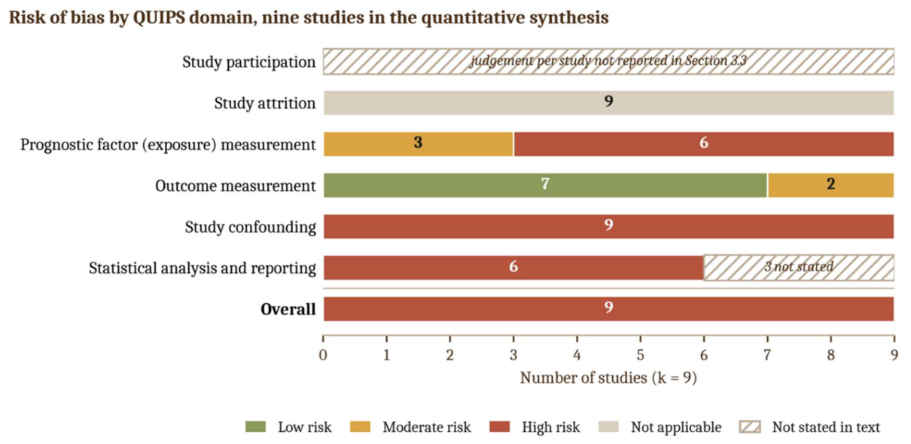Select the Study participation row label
[248, 63]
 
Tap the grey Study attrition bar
[608, 103]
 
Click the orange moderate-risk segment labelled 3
[419, 144]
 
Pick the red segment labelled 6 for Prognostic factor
[704, 144]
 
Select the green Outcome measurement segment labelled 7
[545, 185]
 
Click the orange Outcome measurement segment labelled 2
[831, 185]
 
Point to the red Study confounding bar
[608, 226]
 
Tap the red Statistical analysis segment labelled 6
[513, 268]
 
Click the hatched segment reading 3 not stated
[799, 268]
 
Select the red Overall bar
[608, 309]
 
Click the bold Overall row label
[288, 309]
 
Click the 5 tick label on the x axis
[641, 355]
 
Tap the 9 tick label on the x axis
[894, 355]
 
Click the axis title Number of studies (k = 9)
[608, 378]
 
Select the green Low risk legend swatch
[256, 427]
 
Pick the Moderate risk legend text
[427, 427]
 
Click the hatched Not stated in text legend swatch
[750, 427]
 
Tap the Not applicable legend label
[676, 427]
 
